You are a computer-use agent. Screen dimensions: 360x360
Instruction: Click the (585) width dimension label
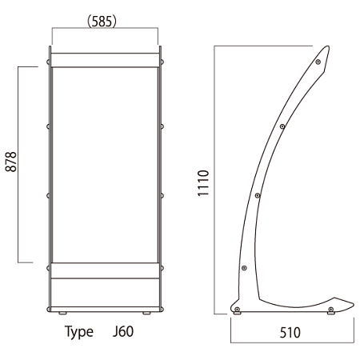point(102,22)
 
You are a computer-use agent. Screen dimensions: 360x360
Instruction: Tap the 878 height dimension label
point(11,162)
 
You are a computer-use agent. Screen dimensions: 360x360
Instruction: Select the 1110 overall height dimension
point(203,183)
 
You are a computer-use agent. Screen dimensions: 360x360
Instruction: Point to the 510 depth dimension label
point(290,333)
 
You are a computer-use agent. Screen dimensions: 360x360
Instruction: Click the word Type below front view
point(79,332)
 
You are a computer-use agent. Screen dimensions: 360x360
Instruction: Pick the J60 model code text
point(123,331)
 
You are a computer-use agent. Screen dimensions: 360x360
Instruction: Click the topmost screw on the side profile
point(318,62)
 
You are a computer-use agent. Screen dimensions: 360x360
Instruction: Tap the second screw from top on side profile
point(282,126)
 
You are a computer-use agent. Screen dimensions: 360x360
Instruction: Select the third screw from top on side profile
point(258,196)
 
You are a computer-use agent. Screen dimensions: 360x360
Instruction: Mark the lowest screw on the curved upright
point(244,268)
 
